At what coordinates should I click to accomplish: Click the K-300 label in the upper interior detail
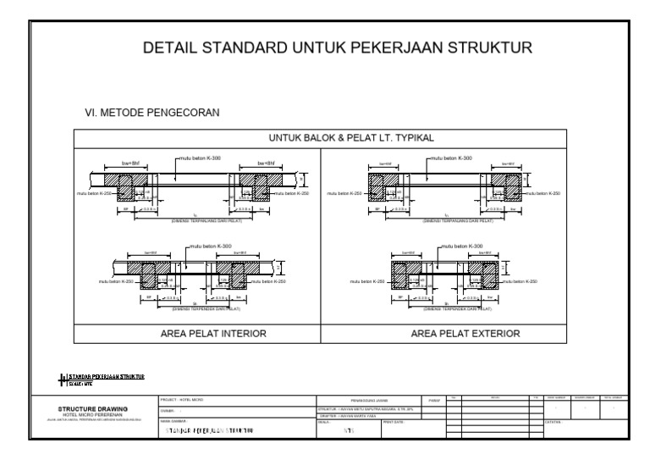(x=203, y=158)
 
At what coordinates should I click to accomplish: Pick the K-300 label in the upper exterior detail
(x=451, y=158)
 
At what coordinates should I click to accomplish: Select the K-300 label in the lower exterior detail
(x=459, y=247)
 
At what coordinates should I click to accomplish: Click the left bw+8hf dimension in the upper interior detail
(x=107, y=163)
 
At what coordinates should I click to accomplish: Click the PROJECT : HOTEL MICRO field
(x=182, y=399)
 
